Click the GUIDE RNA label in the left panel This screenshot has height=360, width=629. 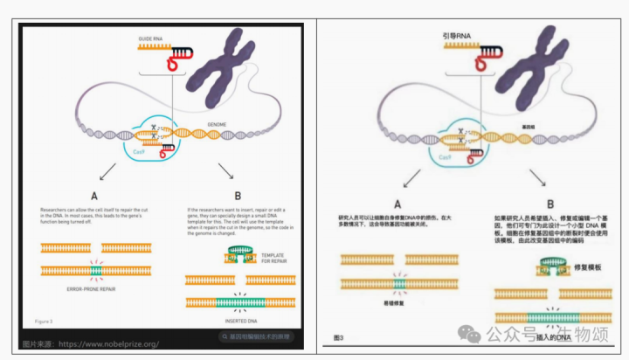(150, 39)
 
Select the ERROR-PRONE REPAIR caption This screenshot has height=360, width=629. (92, 287)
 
